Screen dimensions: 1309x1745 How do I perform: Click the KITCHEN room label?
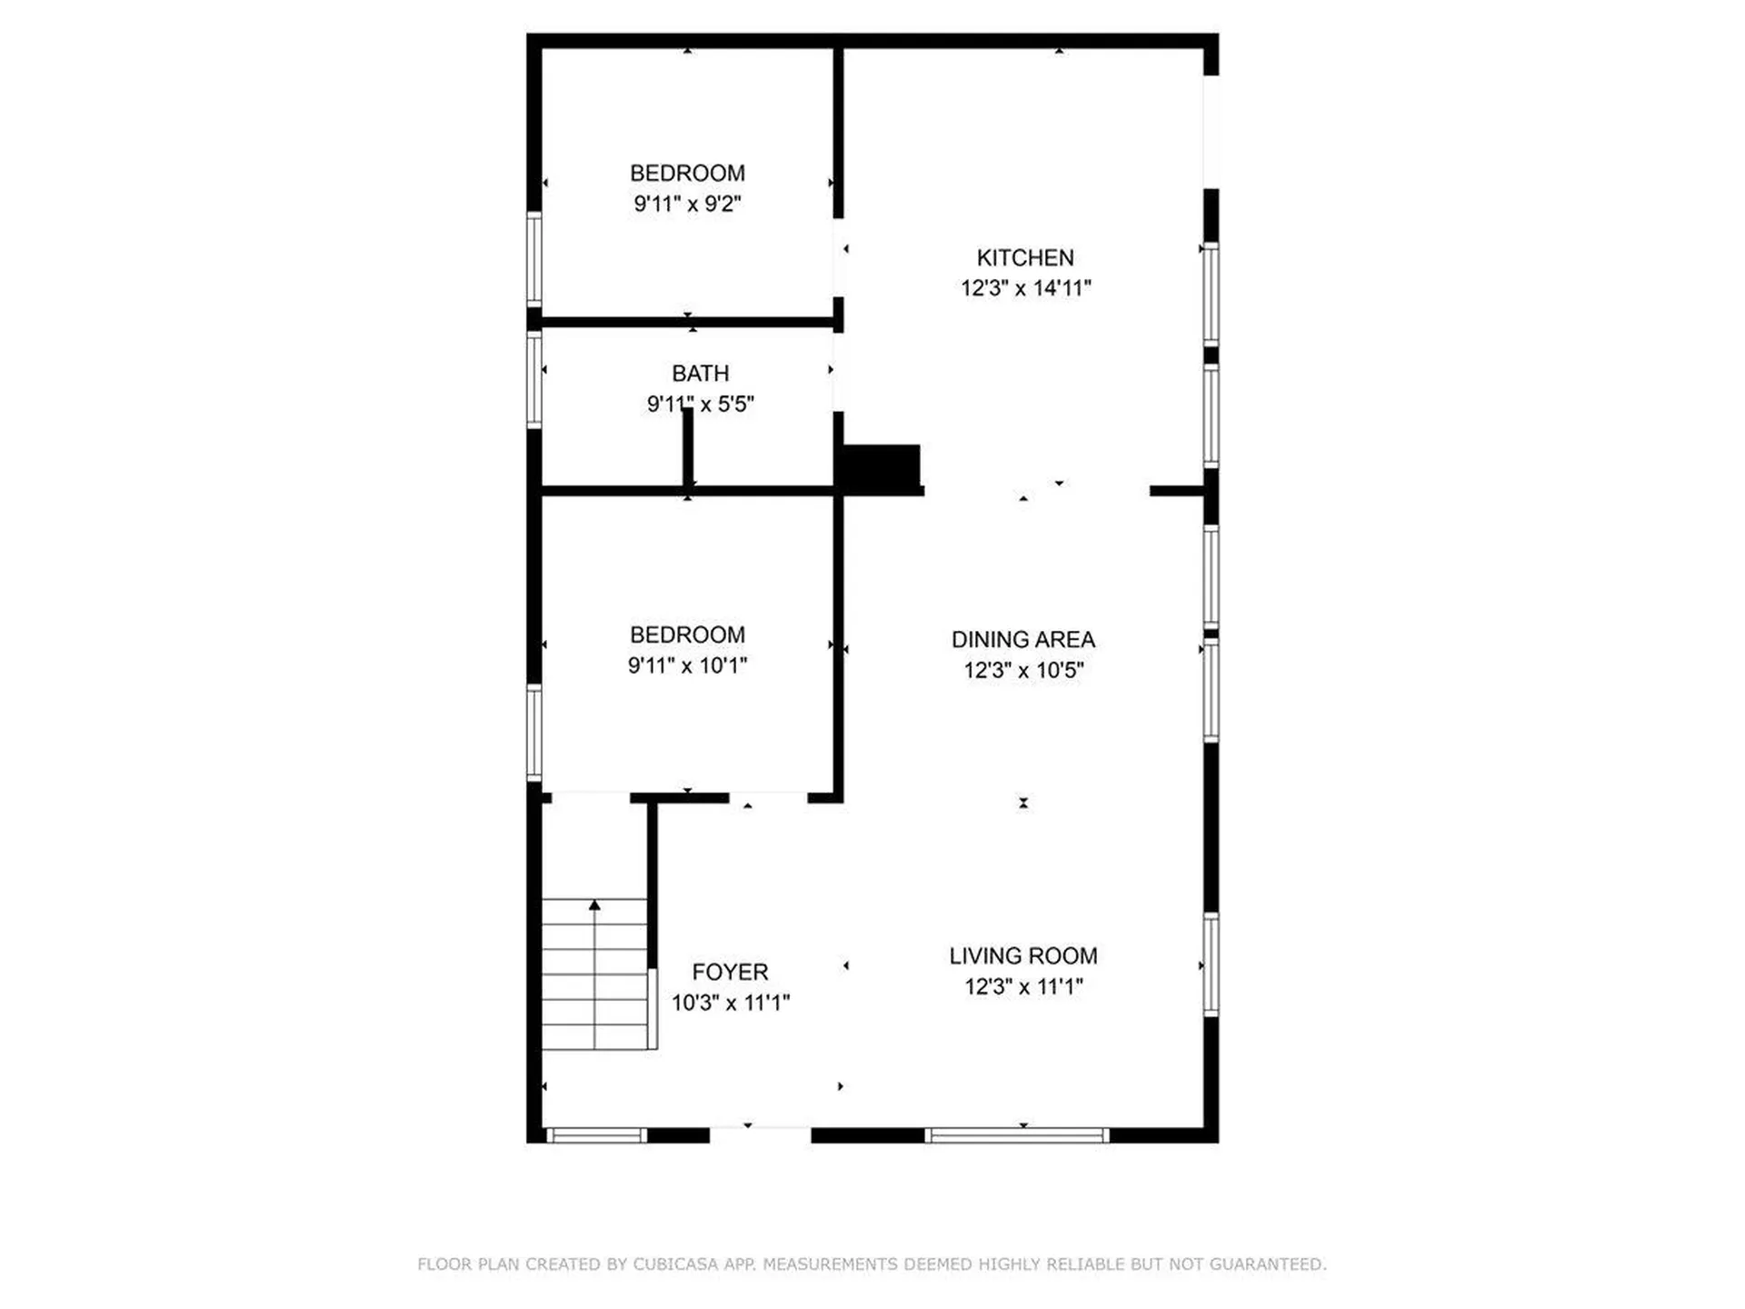pyautogui.click(x=1025, y=258)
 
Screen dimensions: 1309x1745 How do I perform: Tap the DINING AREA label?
pyautogui.click(x=1023, y=640)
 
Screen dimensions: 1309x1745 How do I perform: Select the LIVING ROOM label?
pyautogui.click(x=1023, y=956)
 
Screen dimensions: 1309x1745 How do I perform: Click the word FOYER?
pyautogui.click(x=730, y=973)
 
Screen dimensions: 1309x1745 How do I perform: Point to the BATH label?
pyautogui.click(x=700, y=374)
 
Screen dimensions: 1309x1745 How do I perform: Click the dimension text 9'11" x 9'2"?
pyautogui.click(x=687, y=204)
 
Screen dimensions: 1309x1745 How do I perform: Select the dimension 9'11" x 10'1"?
pyautogui.click(x=687, y=665)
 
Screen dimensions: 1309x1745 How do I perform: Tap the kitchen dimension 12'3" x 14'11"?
pyautogui.click(x=1025, y=288)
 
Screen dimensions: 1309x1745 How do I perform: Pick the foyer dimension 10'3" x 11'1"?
pyautogui.click(x=730, y=1003)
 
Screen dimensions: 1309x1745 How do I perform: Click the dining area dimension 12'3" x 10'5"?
pyautogui.click(x=1023, y=671)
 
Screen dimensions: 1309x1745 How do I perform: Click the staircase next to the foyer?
pyautogui.click(x=594, y=974)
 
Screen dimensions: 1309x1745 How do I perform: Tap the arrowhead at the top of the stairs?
pyautogui.click(x=594, y=905)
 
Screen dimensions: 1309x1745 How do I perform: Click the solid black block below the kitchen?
pyautogui.click(x=880, y=468)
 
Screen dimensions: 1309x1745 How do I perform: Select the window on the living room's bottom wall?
pyautogui.click(x=1017, y=1134)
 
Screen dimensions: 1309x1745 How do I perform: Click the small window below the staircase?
pyautogui.click(x=596, y=1134)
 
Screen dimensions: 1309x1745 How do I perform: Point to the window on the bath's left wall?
pyautogui.click(x=534, y=379)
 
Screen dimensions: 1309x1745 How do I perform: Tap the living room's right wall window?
pyautogui.click(x=1211, y=964)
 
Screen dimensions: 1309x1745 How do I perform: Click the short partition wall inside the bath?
pyautogui.click(x=688, y=447)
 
